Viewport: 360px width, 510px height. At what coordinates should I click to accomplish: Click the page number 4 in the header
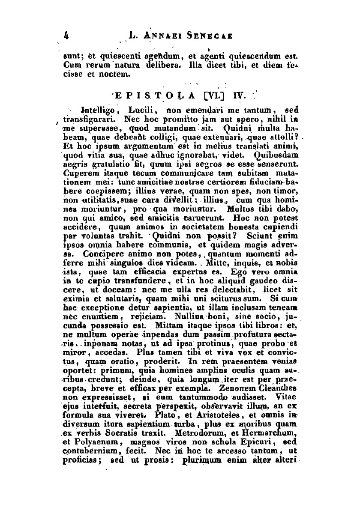(67, 36)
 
